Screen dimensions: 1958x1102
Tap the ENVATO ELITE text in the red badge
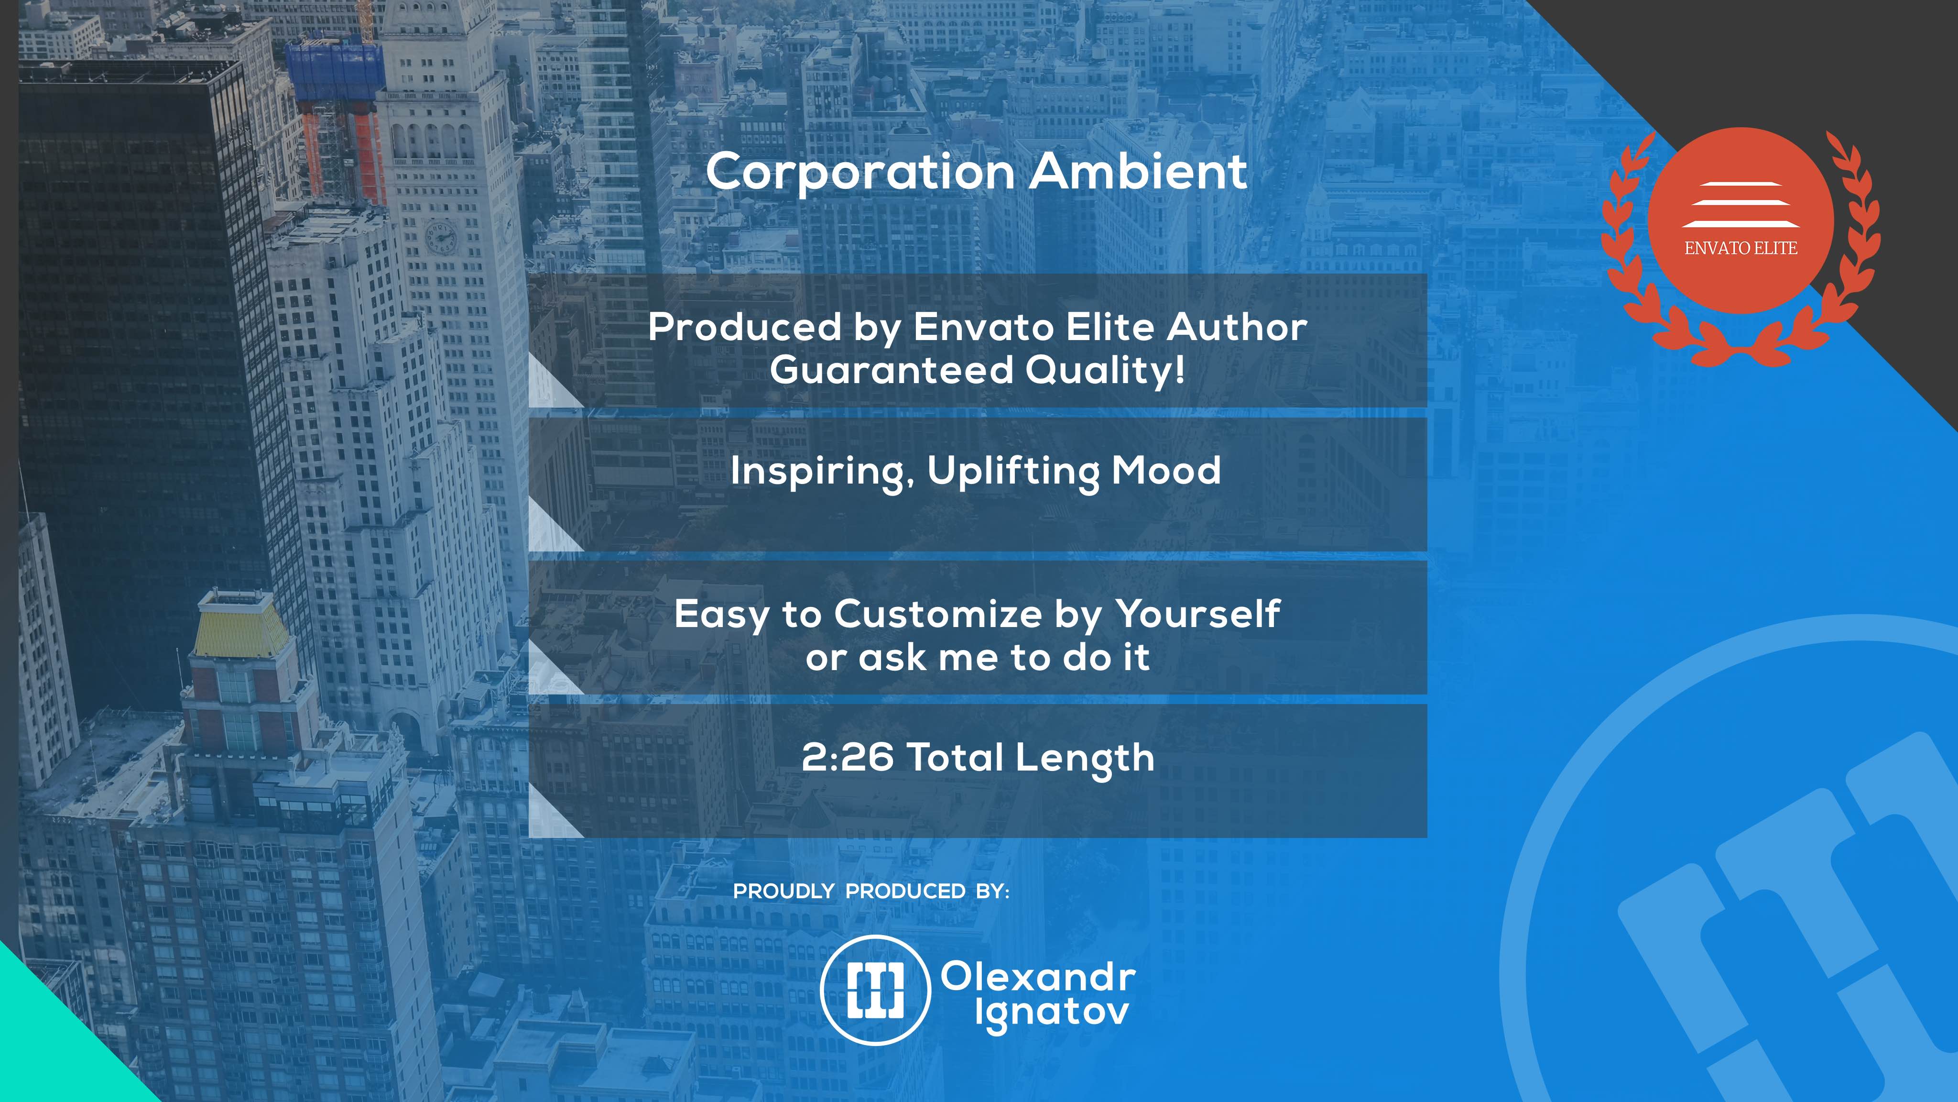(x=1740, y=248)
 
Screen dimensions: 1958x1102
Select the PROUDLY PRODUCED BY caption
(x=871, y=892)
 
